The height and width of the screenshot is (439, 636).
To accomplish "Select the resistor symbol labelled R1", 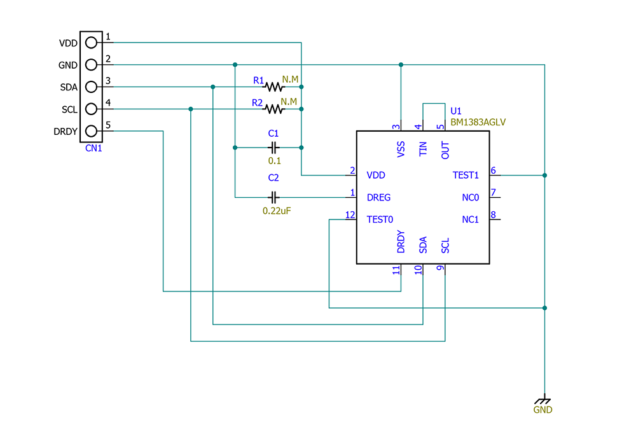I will click(x=273, y=87).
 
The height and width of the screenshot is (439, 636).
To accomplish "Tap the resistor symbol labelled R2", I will click(x=273, y=109).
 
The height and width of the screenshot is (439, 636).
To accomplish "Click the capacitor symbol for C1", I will click(x=273, y=148).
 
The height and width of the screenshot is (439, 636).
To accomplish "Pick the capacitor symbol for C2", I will click(x=274, y=197).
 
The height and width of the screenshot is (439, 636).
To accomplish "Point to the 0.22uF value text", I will click(x=277, y=210).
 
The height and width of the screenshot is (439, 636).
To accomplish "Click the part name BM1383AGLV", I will click(x=478, y=122).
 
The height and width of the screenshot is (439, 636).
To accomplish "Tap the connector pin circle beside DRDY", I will click(x=91, y=132).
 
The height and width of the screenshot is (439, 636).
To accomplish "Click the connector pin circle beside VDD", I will click(x=91, y=43).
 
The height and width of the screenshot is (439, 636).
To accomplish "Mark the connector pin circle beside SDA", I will click(x=91, y=87).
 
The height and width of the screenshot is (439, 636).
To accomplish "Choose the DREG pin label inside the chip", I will click(x=378, y=197).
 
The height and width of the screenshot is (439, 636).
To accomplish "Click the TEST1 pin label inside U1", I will click(x=466, y=175).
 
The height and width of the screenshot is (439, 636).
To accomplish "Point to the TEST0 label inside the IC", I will click(x=380, y=219).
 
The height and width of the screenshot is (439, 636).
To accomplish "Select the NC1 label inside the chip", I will click(x=470, y=219).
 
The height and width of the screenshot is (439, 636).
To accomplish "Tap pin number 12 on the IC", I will click(x=350, y=215).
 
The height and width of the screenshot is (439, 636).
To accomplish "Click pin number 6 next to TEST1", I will click(x=493, y=171).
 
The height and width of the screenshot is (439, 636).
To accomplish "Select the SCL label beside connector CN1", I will click(x=69, y=109).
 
